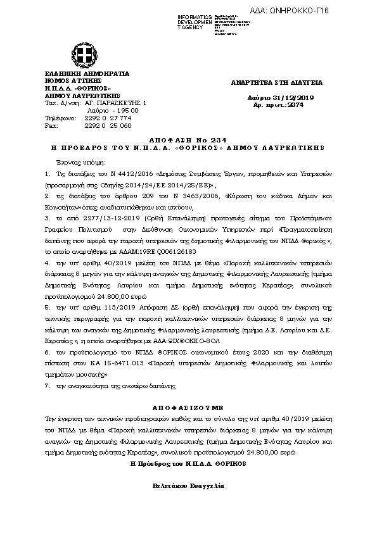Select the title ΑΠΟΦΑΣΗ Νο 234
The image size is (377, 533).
tap(188, 139)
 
